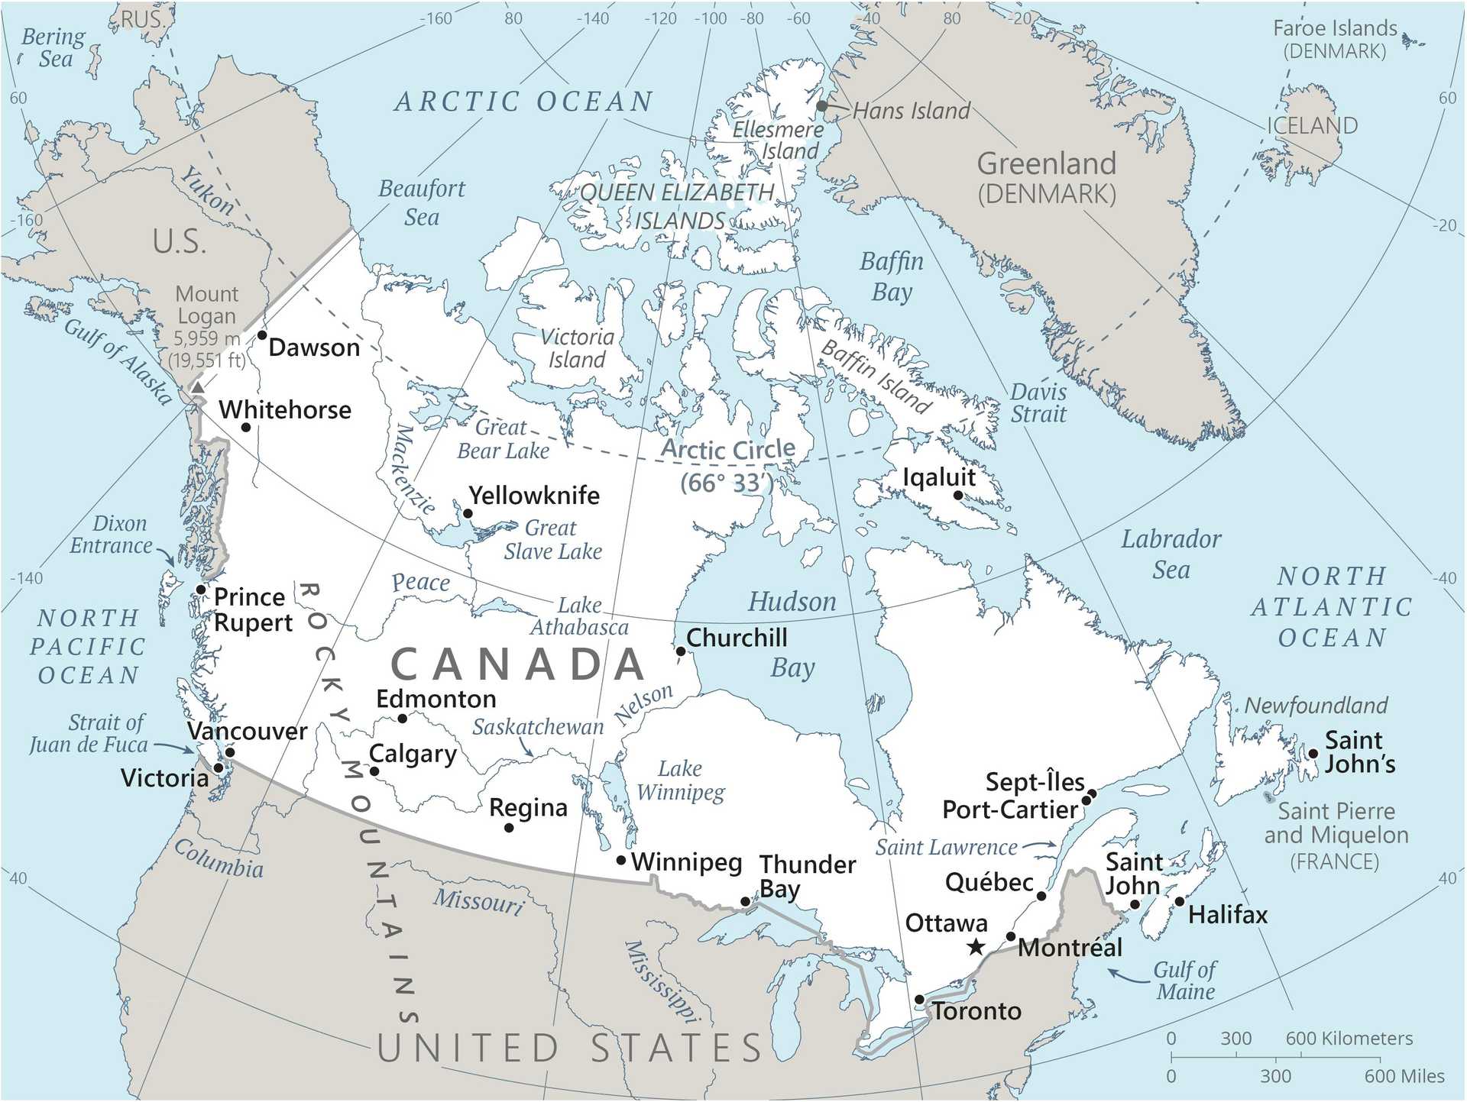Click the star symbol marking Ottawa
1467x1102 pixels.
coord(976,948)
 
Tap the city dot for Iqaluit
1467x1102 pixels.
coord(958,496)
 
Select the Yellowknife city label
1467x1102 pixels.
coord(534,496)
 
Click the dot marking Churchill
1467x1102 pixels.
coord(680,651)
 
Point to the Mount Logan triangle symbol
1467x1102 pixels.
coord(197,388)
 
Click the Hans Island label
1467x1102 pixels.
coord(911,111)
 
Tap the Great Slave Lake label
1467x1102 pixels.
coord(552,540)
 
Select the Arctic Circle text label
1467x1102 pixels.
coord(727,449)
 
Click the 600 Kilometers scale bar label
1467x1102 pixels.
coord(1349,1039)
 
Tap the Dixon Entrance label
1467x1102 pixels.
coord(112,535)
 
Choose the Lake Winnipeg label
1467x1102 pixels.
coord(680,780)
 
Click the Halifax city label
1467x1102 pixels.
coord(1227,915)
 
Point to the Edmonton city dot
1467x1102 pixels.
coord(403,719)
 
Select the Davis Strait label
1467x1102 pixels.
coord(1038,403)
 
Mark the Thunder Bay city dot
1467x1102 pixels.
coord(746,902)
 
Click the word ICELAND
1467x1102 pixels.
coord(1312,126)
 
